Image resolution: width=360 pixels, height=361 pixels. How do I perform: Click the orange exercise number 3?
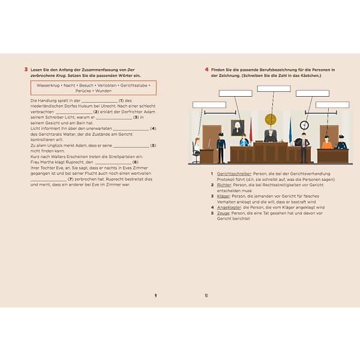pyautogui.click(x=25, y=70)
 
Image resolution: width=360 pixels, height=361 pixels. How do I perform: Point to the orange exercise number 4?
pyautogui.click(x=206, y=70)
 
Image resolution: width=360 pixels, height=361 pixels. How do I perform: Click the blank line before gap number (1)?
pyautogui.click(x=99, y=101)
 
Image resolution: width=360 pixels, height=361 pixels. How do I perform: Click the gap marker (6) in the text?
pyautogui.click(x=136, y=162)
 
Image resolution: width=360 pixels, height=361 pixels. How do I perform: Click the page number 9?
pyautogui.click(x=155, y=295)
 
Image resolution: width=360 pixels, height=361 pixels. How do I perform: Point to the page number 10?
pyautogui.click(x=206, y=295)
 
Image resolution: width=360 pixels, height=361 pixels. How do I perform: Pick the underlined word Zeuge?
pyautogui.click(x=223, y=213)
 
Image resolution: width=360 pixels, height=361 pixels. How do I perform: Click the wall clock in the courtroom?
pyautogui.click(x=304, y=125)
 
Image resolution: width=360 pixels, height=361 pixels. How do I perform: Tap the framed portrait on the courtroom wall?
pyautogui.click(x=236, y=127)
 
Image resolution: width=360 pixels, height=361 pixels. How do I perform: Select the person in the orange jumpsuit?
pyautogui.click(x=326, y=142)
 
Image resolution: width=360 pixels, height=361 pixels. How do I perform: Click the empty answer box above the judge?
pyautogui.click(x=274, y=89)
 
